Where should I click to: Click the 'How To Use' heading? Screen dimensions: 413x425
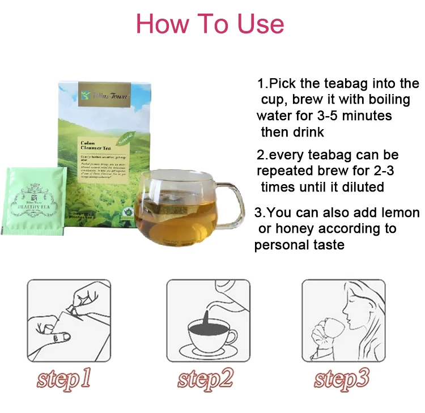210,24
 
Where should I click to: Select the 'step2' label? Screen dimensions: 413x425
205,378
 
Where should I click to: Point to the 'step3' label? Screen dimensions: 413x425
342,378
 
